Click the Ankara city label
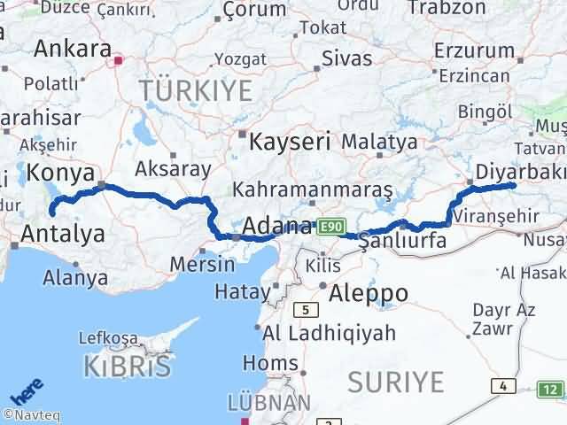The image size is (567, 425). click(72, 49)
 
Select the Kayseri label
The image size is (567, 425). click(290, 141)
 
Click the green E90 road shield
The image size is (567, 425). click(331, 227)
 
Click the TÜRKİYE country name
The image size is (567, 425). click(195, 90)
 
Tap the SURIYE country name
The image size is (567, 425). click(395, 382)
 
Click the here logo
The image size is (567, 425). click(25, 392)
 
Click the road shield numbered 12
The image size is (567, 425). click(552, 389)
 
